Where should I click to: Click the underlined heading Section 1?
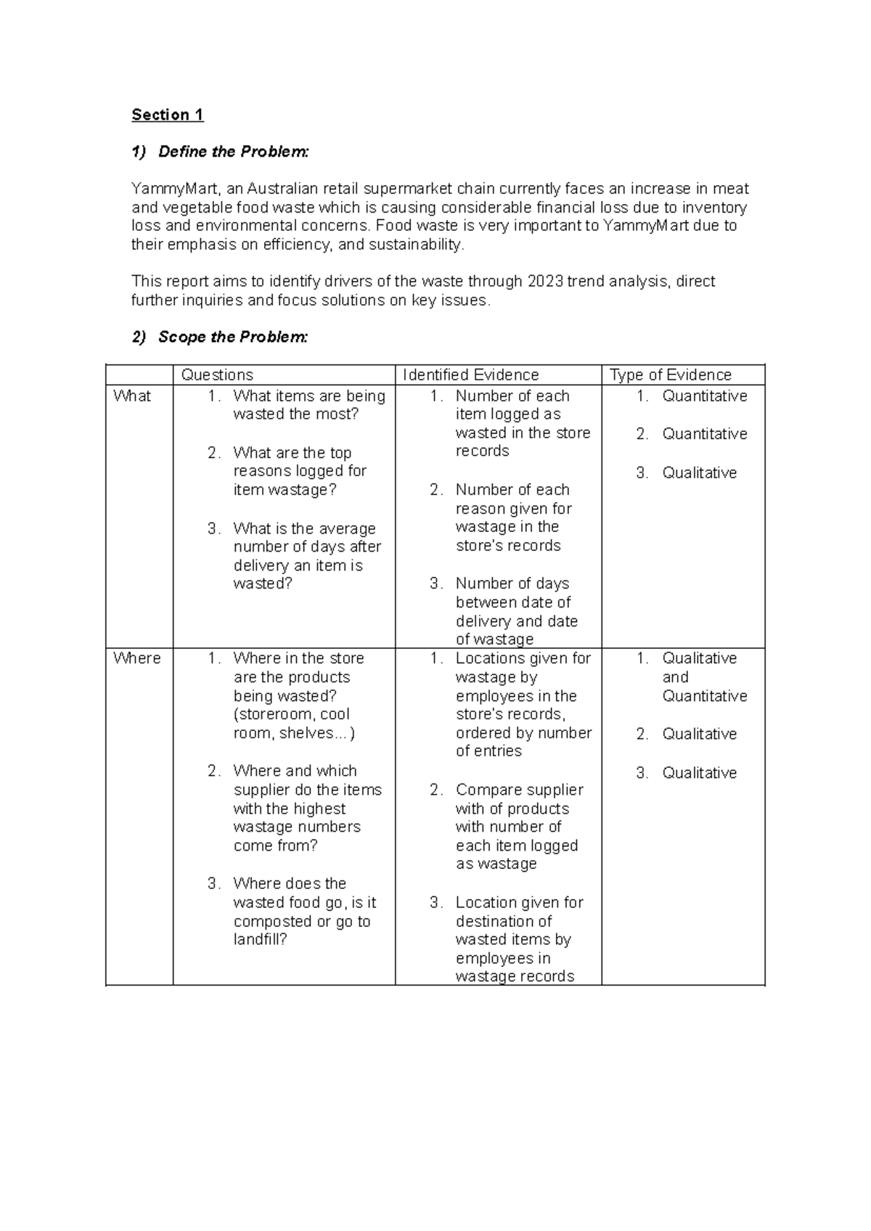point(167,115)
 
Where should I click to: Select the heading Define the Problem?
point(233,152)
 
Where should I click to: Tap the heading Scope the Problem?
point(233,337)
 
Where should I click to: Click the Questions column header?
point(217,375)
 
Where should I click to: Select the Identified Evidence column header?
point(470,375)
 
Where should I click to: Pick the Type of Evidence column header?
point(670,375)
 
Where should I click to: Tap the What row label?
point(132,396)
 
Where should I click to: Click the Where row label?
point(136,658)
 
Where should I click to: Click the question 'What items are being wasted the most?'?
point(308,405)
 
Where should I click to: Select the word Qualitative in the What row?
point(699,473)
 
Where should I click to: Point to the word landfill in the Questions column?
point(259,940)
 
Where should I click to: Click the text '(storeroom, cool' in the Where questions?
point(291,714)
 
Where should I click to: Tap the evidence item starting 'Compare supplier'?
point(519,790)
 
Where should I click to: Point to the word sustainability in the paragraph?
point(415,245)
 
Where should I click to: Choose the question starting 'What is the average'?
point(304,528)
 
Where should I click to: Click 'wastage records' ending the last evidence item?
point(515,977)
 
